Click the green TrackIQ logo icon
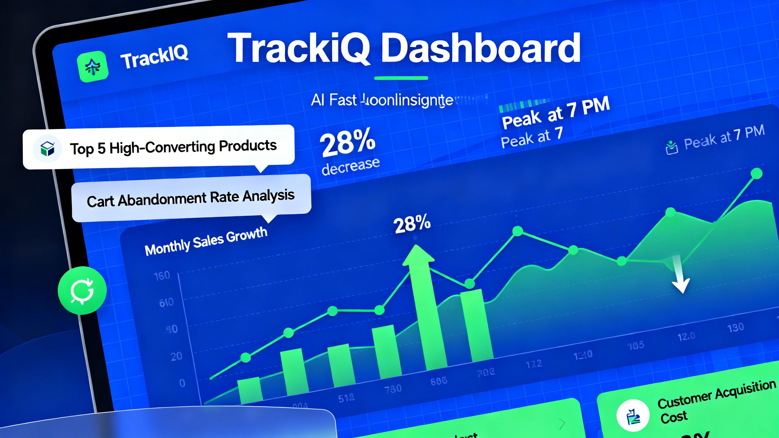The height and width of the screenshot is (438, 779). click(93, 67)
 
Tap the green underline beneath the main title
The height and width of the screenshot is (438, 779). click(401, 78)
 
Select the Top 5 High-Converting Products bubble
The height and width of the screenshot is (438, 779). click(158, 147)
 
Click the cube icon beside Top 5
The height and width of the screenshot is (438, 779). click(47, 149)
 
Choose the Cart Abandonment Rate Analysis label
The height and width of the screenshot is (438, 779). click(191, 198)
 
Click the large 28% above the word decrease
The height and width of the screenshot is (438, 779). click(347, 142)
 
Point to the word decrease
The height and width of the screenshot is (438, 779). click(351, 166)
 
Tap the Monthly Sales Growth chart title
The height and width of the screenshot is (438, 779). click(206, 242)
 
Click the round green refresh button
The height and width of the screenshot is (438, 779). click(82, 290)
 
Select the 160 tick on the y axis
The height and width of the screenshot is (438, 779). click(162, 276)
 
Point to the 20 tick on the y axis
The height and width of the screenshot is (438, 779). click(176, 356)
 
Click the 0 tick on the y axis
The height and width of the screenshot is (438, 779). click(182, 383)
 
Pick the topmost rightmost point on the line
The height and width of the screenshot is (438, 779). click(756, 174)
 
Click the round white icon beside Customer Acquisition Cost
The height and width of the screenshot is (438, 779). click(633, 415)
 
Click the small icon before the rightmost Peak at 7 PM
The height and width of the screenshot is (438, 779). click(672, 148)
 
